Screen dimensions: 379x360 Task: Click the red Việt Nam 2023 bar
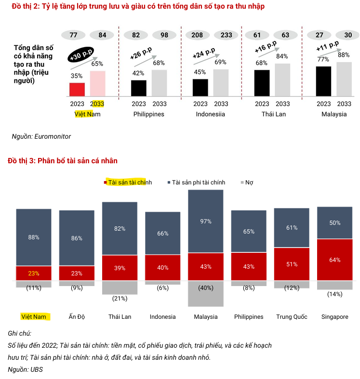(x=77, y=90)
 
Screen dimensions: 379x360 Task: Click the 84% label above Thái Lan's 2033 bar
(x=282, y=56)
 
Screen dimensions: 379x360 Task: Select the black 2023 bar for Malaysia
(x=323, y=81)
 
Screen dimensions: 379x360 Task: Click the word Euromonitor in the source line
(x=53, y=136)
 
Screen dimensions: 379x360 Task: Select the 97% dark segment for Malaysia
(x=206, y=221)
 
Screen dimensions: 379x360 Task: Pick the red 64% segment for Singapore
(x=334, y=260)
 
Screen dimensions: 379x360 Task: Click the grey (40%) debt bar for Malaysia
(x=206, y=293)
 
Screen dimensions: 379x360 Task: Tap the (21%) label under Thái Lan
(x=120, y=299)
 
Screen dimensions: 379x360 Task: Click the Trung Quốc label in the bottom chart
(x=292, y=316)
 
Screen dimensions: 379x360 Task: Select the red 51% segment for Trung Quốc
(x=292, y=264)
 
